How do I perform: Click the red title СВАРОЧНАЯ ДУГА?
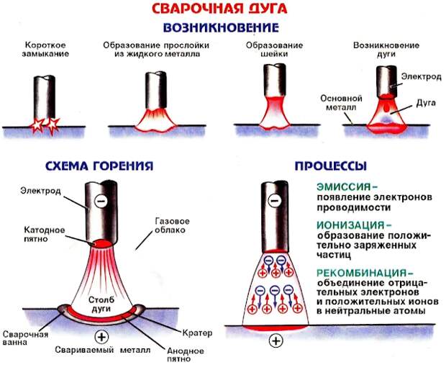[x=219, y=9]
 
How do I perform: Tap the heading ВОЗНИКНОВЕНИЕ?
[x=221, y=27]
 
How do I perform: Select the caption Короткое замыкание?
[x=45, y=49]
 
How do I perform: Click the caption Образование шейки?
[x=275, y=49]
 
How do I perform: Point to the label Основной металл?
[x=341, y=103]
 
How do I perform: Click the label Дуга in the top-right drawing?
[x=426, y=103]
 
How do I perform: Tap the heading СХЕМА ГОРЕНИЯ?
[x=99, y=166]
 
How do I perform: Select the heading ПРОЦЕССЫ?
[x=331, y=166]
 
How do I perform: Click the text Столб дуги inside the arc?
[x=101, y=304]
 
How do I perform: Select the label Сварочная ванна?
[x=25, y=338]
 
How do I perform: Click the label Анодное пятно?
[x=185, y=355]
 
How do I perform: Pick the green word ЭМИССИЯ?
[x=344, y=186]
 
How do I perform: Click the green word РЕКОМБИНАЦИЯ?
[x=362, y=273]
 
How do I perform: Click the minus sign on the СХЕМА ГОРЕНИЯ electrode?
[x=101, y=202]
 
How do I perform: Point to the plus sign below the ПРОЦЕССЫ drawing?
[x=276, y=340]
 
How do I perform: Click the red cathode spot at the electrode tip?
[x=102, y=243]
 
